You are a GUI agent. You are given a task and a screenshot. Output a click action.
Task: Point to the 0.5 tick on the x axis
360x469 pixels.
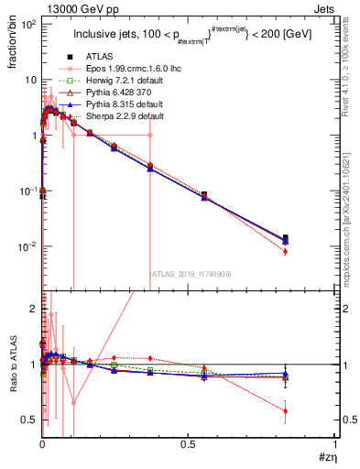(x=189, y=443)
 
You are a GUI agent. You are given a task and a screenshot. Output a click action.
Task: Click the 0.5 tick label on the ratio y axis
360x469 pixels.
(x=28, y=420)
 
